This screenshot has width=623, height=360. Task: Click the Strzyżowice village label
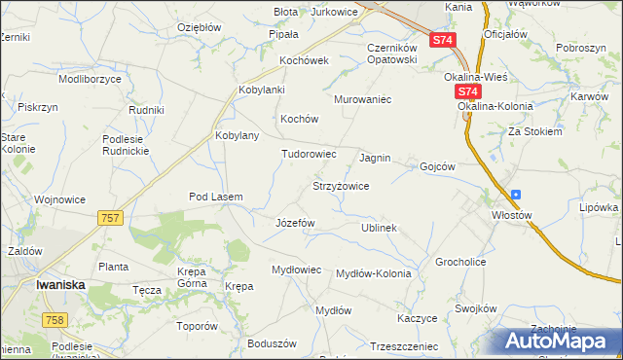pos(340,186)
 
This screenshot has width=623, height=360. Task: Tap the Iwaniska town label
pos(63,285)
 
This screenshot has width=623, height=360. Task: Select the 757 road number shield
pos(110,218)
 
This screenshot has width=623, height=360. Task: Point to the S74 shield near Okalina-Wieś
pos(465,90)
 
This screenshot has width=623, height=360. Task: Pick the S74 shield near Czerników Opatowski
pos(442,40)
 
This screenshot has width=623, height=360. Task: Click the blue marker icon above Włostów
pos(515,194)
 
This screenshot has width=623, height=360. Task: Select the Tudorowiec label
pos(309,154)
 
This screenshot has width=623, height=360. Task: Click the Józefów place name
pos(296,223)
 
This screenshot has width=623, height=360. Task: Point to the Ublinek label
pos(379,228)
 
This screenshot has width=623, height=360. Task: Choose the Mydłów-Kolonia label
pos(373,273)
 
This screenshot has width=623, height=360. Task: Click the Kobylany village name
pos(237,135)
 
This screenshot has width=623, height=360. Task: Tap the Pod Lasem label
pos(215,198)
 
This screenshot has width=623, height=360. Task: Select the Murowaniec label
pos(362,99)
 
